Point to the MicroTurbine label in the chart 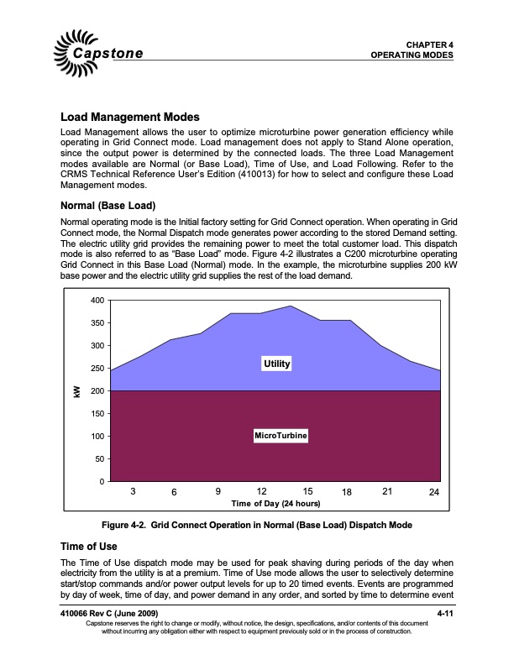point(281,436)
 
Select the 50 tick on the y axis point(99,459)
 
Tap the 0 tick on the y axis point(102,482)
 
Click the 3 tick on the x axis point(133,490)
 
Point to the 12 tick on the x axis point(261,490)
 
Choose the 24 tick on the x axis point(433,491)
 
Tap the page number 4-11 point(445,617)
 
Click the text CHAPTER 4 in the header point(429,44)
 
